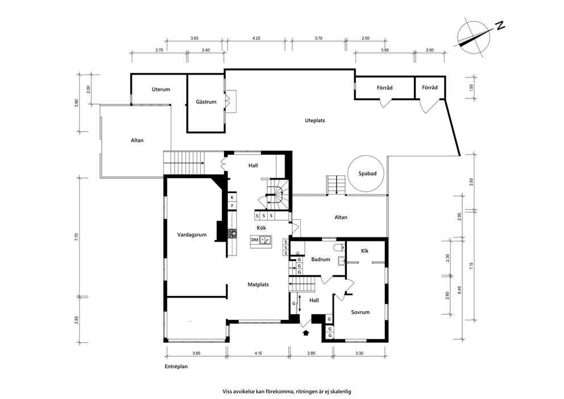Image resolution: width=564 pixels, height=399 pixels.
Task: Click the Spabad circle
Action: coord(348,173)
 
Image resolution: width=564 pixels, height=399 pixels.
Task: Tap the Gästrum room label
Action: coord(206,102)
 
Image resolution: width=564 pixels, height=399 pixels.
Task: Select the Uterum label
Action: coord(161,89)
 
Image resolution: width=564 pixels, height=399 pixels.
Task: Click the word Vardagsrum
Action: coord(192,235)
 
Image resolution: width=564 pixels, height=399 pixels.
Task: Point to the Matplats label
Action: coord(258,285)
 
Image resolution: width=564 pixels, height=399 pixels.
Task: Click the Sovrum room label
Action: coord(360,312)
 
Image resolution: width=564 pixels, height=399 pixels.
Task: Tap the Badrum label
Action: coord(321,260)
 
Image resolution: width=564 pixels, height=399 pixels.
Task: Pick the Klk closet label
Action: coord(365,250)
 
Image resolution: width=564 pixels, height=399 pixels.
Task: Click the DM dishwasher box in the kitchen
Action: coord(255,240)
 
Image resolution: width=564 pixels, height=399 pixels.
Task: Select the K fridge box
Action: coord(232,198)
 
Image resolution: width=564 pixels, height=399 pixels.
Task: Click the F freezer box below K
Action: coord(232,205)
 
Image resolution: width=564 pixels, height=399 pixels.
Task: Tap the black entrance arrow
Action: coord(306,332)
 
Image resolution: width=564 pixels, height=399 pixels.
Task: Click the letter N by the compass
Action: coord(500,26)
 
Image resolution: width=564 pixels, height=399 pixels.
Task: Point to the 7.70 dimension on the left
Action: coord(76,237)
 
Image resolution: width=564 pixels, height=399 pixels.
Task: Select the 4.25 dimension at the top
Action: coord(256,38)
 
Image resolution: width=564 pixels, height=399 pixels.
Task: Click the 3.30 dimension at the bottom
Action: coord(359,353)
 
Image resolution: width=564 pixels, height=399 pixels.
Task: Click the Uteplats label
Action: coord(315,120)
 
